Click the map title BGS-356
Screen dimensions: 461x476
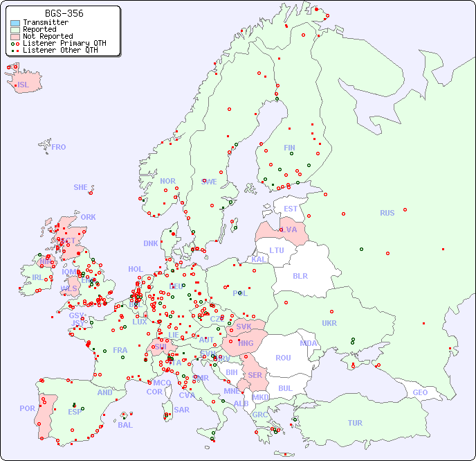(64, 13)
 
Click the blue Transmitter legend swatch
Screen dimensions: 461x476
(15, 22)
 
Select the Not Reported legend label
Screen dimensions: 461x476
(47, 36)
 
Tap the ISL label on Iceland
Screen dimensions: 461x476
(24, 85)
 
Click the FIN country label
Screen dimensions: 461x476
(289, 148)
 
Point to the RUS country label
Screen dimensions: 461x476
(387, 213)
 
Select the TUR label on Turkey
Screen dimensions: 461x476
(355, 423)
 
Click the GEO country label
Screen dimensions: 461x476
(420, 392)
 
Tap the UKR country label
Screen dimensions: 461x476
(329, 323)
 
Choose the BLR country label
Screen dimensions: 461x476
(300, 275)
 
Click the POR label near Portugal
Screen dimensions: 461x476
(27, 408)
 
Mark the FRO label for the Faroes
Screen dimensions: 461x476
(59, 147)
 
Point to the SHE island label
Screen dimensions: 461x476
(81, 187)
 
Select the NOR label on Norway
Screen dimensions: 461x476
(167, 181)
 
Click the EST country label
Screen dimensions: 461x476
(291, 209)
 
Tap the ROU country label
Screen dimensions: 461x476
(283, 358)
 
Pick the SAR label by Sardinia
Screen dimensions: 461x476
(181, 410)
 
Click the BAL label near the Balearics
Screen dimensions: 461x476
(125, 425)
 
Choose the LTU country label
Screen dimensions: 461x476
(277, 250)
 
